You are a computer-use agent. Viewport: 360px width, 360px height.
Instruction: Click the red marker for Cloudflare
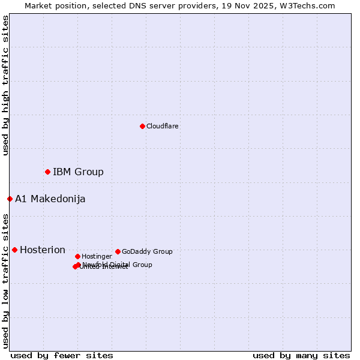point(142,126)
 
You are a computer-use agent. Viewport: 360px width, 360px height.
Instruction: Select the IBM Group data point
point(47,172)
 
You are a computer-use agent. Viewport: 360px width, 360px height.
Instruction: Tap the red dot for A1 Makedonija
point(10,199)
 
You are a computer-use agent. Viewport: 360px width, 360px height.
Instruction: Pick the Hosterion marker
point(14,250)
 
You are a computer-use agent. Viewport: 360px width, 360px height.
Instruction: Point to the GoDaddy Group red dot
point(118,251)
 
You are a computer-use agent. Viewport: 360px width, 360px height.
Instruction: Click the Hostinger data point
point(77,256)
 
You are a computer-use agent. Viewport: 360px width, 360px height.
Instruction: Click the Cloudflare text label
point(163,126)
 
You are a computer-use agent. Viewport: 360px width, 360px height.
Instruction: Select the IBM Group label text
point(78,172)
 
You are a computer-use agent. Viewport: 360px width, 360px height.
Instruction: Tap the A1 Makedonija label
point(50,199)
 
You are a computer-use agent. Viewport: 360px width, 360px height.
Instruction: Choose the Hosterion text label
point(43,250)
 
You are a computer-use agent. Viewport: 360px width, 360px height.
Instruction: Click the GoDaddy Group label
point(147,251)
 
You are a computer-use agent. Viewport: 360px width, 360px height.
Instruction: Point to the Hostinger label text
point(97,256)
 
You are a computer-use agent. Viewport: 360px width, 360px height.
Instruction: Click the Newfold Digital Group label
point(118,264)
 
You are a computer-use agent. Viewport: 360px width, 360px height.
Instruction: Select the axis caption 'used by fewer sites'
point(62,356)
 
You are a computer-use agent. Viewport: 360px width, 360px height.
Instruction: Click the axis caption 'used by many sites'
point(301,356)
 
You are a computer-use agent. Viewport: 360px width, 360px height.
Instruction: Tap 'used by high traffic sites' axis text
point(5,85)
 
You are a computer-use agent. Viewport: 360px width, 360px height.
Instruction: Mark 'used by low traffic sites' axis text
point(5,280)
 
